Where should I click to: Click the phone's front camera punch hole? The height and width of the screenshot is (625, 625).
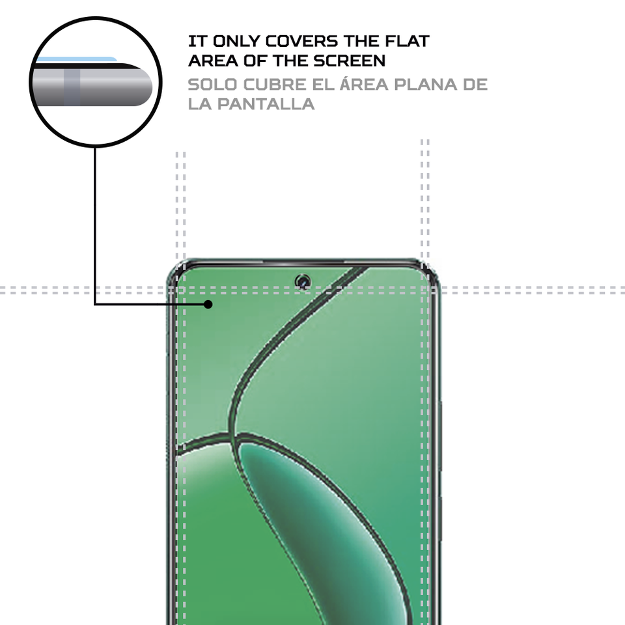302,281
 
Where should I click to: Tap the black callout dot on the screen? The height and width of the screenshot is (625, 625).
208,304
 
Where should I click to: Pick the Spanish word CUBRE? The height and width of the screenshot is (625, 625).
277,85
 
